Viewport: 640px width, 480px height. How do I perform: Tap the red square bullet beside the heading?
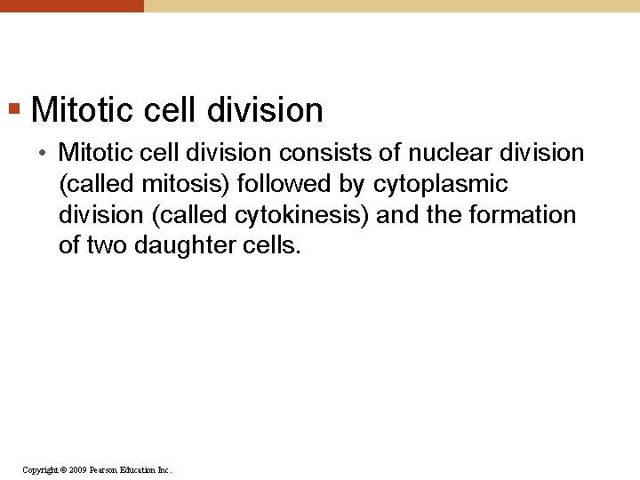pyautogui.click(x=13, y=110)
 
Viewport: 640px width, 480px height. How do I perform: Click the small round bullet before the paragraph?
pyautogui.click(x=43, y=154)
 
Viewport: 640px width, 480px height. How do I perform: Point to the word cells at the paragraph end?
pyautogui.click(x=271, y=245)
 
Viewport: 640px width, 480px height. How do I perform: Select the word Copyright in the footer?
pyautogui.click(x=41, y=469)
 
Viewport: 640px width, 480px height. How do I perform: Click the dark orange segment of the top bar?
pyautogui.click(x=71, y=5)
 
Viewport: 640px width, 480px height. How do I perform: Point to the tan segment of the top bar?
pyautogui.click(x=391, y=5)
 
